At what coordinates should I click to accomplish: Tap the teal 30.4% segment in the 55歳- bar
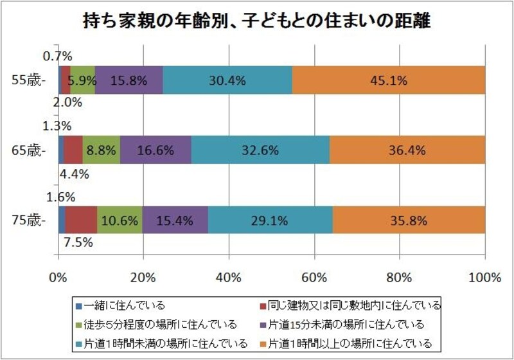[227, 80]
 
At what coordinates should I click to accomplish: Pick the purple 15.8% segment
[129, 80]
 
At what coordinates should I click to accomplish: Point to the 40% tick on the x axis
[229, 278]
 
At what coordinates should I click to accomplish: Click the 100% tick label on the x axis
[485, 278]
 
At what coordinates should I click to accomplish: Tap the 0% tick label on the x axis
[58, 278]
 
